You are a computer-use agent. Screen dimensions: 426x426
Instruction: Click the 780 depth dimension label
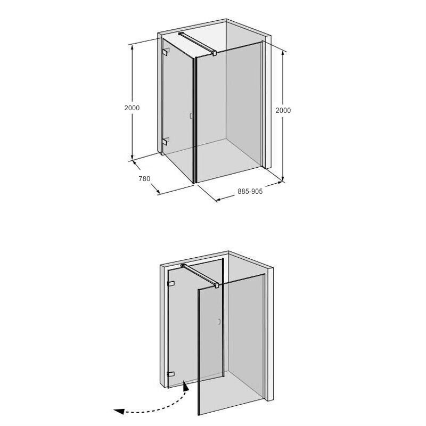144,179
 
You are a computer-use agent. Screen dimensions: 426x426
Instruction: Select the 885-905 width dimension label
250,192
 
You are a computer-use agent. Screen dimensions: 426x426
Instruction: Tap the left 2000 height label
132,108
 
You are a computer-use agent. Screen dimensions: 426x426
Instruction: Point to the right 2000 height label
283,110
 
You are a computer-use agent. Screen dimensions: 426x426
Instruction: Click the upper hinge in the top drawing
166,52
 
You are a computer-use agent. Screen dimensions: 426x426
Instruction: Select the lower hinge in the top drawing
165,141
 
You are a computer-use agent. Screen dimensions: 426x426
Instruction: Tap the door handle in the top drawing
191,116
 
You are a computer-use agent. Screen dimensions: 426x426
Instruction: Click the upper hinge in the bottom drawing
170,284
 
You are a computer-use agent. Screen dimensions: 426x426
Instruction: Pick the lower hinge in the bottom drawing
170,374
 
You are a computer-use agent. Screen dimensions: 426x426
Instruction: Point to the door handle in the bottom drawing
219,322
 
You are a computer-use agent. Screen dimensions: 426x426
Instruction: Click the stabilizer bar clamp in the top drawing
215,53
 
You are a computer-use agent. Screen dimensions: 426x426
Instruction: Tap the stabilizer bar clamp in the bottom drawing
217,285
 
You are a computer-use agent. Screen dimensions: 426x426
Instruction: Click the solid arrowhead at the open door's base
186,386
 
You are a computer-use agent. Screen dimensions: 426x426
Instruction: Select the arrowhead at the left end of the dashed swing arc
119,412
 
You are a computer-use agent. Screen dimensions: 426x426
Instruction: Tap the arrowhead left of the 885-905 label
219,199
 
